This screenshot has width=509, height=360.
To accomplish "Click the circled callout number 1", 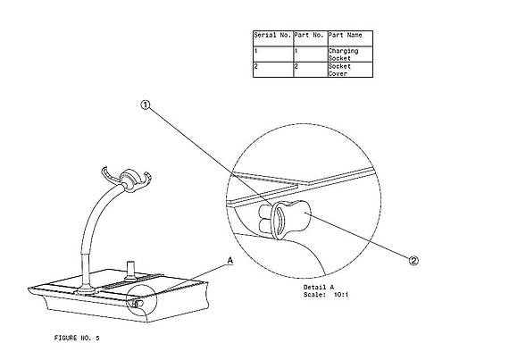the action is pos(146,105).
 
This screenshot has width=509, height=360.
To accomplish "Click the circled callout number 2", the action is pos(413,261).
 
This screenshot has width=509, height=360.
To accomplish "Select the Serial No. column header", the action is pos(272,35).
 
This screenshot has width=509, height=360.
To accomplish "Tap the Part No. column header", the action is pos(309,35).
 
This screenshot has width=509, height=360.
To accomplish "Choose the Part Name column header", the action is pos(345,35).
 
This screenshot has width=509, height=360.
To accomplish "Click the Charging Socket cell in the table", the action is pos(343,54).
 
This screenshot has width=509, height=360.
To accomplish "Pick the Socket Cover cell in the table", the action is pos(339,70).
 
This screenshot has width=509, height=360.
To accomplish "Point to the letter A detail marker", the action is pos(229,261).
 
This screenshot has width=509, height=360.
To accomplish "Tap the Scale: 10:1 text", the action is pos(326,295).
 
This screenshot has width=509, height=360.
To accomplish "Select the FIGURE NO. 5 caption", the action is pos(77,338).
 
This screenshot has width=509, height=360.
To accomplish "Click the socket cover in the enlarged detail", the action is pos(291,220).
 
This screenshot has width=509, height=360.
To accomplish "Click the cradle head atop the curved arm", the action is pos(128,180).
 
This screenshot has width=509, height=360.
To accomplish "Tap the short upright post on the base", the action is pos(130,270).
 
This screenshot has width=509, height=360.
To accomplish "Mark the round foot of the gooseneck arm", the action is pos(87,290).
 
